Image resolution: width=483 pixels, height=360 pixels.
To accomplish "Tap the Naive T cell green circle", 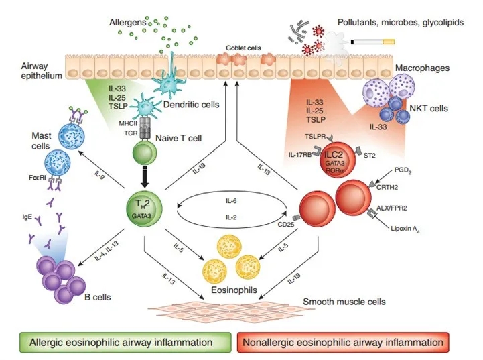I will click(x=143, y=154).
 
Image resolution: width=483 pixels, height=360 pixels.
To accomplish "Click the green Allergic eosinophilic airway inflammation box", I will click(x=122, y=343).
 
